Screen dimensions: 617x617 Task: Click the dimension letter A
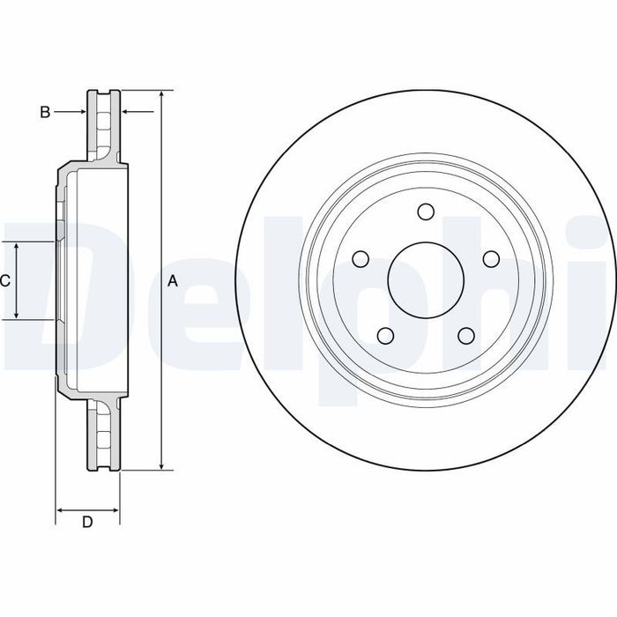tap(173, 281)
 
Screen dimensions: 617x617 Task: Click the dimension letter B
tap(45, 112)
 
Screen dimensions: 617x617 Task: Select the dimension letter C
tap(4, 281)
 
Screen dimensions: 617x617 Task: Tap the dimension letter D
tap(87, 522)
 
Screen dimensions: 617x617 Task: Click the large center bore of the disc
tap(426, 280)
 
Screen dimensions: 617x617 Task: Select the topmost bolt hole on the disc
tap(426, 212)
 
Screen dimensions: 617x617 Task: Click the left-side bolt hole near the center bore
tap(361, 259)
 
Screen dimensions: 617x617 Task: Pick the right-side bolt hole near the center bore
tap(491, 259)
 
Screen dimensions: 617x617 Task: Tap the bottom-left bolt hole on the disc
tap(386, 336)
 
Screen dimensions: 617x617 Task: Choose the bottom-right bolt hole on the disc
tap(466, 336)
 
